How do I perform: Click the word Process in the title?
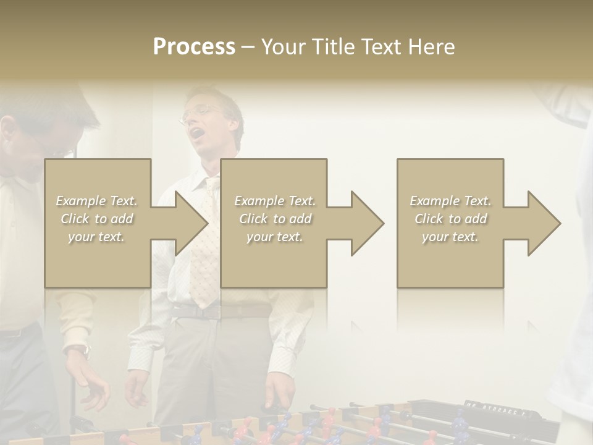click(x=194, y=47)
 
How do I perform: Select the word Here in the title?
click(x=431, y=47)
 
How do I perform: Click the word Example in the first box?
click(x=81, y=201)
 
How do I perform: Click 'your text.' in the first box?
click(x=96, y=237)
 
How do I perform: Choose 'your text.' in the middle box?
click(x=275, y=237)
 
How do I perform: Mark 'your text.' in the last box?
click(x=450, y=237)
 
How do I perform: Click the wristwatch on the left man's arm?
click(x=80, y=351)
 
